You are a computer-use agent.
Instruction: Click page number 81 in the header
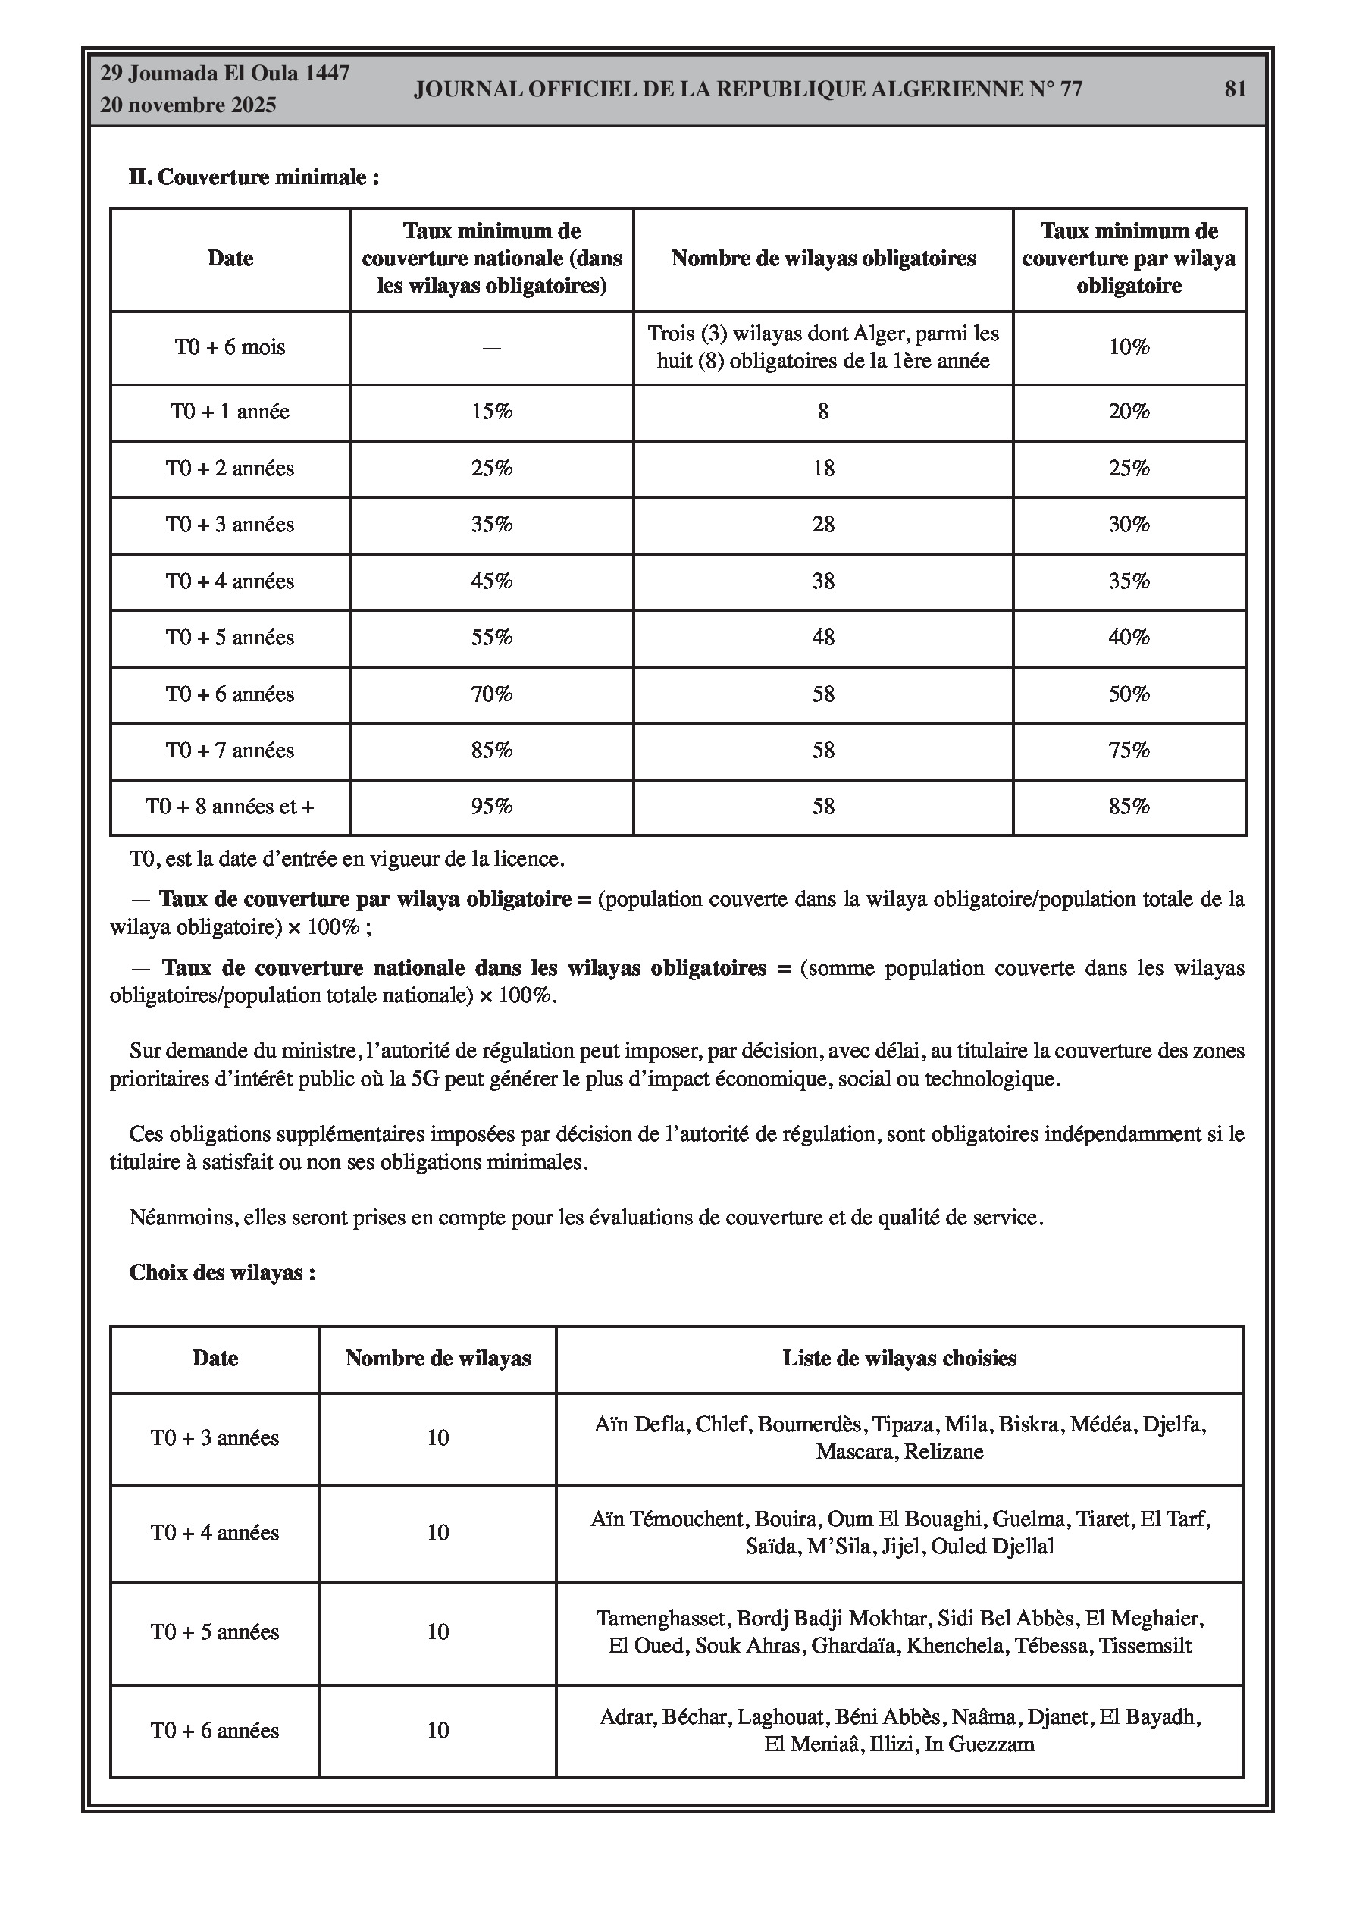point(1235,89)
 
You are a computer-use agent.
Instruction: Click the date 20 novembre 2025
point(188,106)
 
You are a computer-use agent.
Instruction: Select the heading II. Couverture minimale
point(254,177)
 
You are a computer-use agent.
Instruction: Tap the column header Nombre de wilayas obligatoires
point(822,259)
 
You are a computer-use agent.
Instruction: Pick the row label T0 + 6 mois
point(230,347)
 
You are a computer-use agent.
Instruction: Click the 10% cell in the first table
point(1129,347)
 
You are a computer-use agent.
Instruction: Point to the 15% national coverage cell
point(491,412)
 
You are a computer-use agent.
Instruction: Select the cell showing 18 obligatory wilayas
point(822,469)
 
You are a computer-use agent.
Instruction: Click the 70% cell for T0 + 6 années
point(491,694)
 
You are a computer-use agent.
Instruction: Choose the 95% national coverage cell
point(491,807)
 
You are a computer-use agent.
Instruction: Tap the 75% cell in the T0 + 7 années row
point(1129,751)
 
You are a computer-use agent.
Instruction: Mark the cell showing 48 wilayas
point(822,638)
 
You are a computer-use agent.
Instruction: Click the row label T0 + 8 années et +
point(230,807)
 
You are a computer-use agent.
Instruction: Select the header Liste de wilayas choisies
point(899,1359)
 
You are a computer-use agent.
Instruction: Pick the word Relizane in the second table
point(944,1452)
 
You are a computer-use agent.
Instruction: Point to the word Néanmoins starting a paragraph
point(182,1218)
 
